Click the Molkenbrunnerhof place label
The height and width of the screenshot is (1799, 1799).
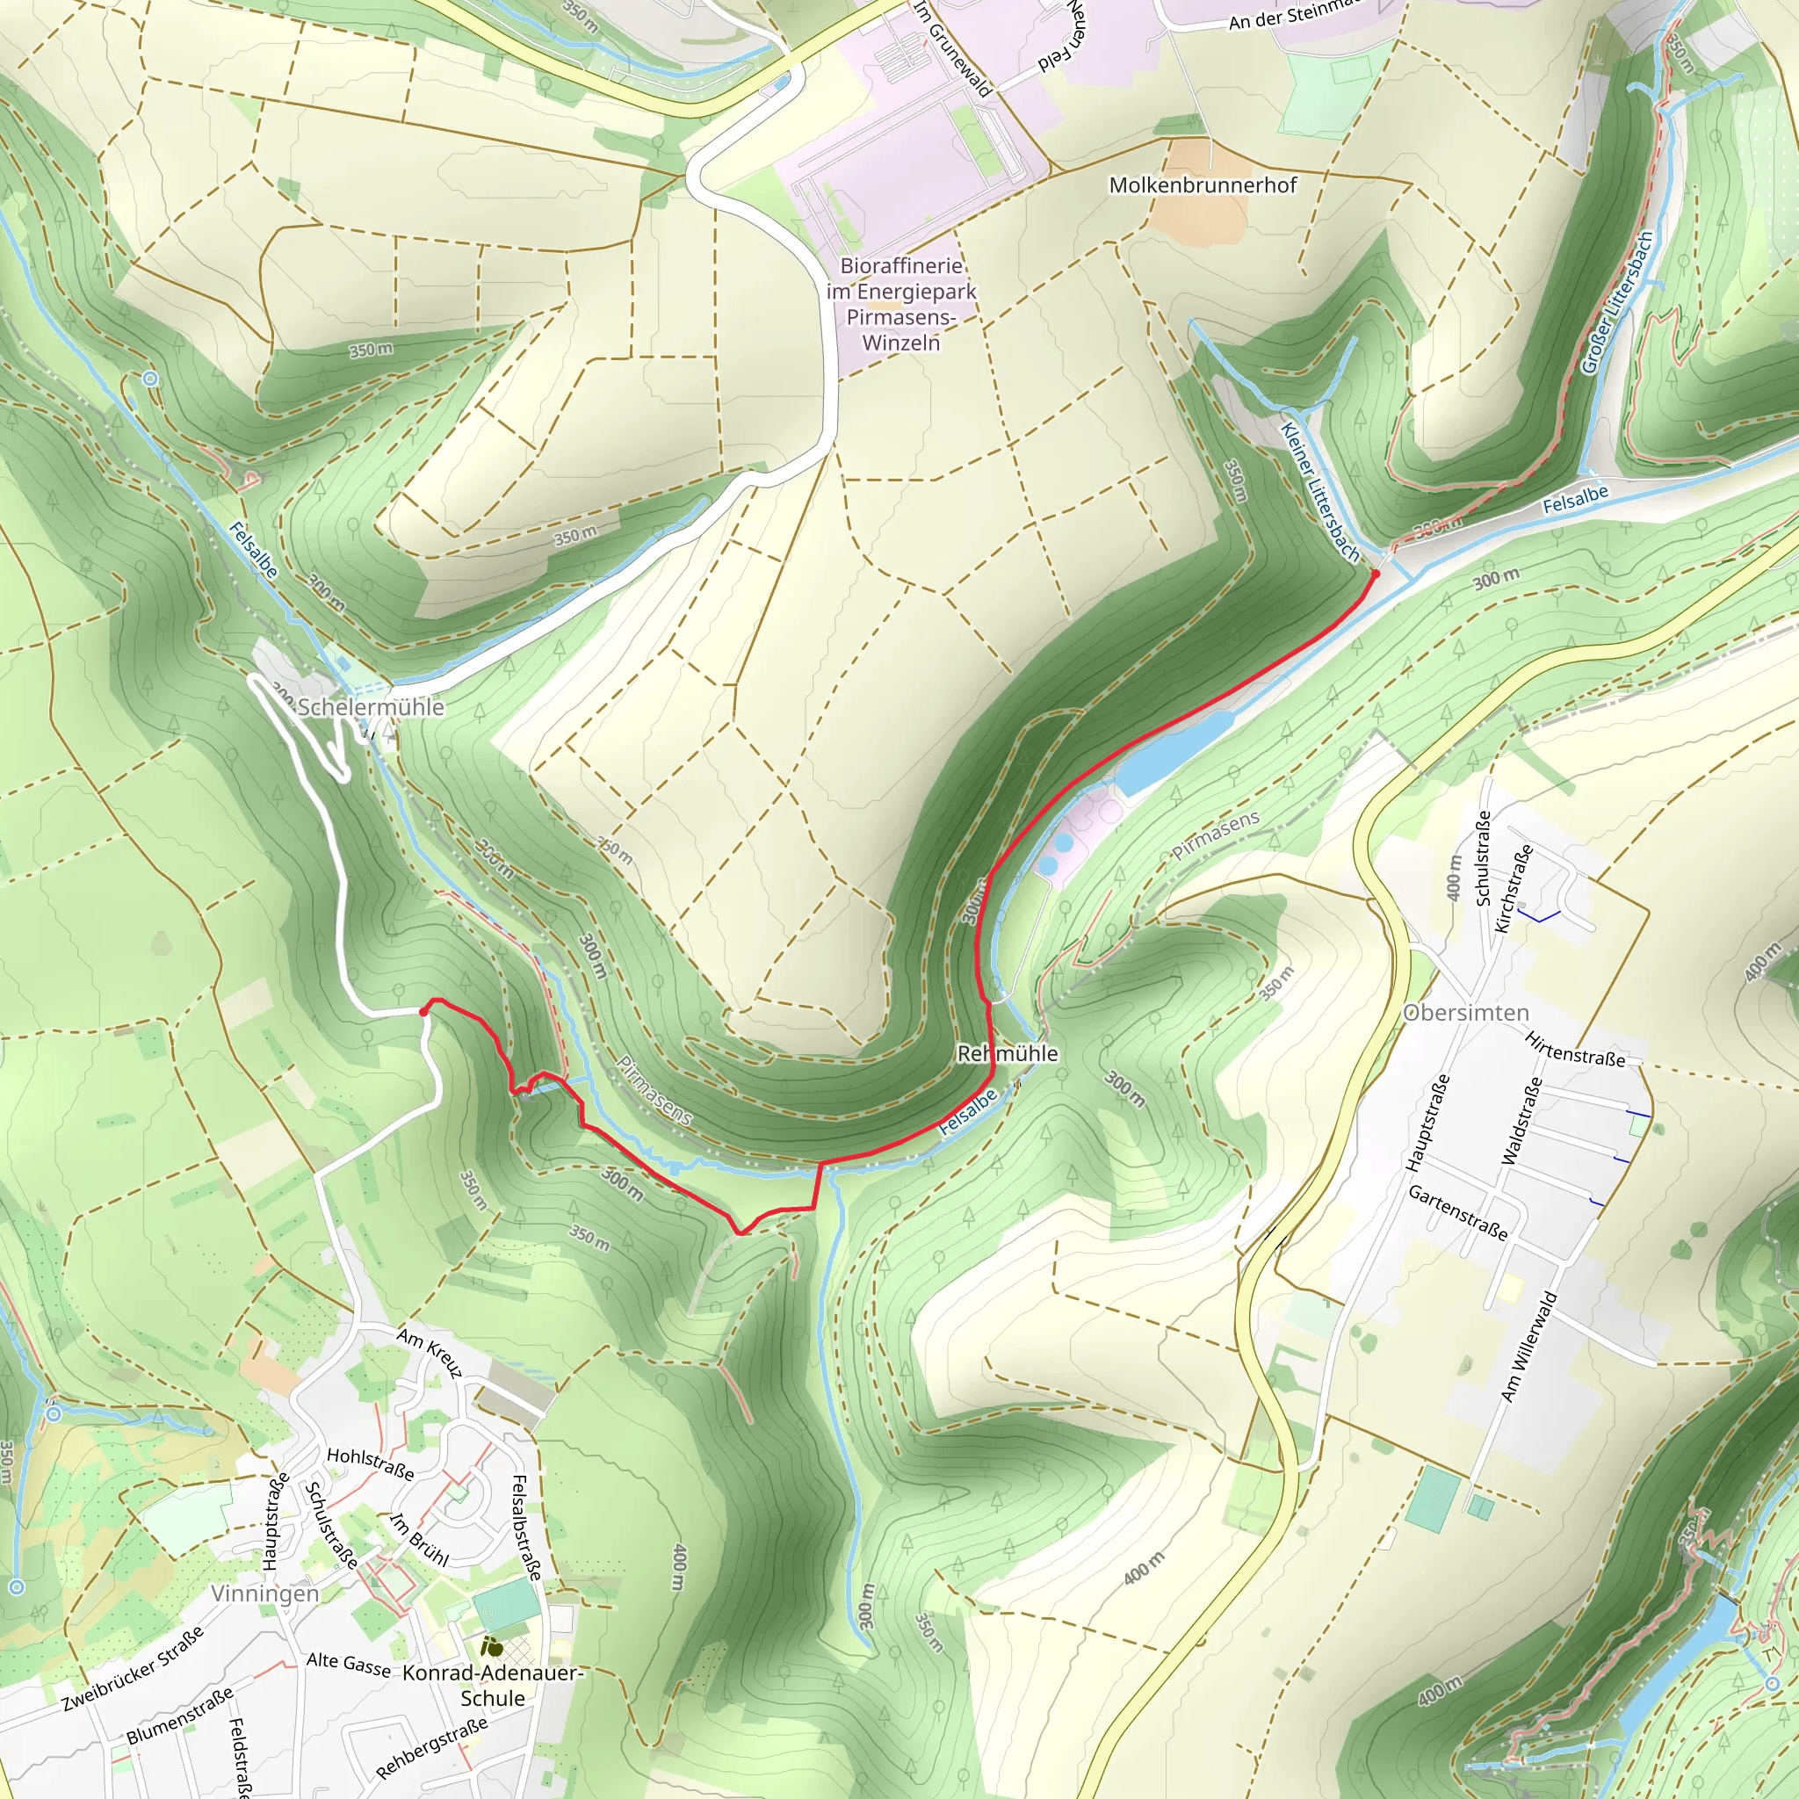[x=1203, y=185]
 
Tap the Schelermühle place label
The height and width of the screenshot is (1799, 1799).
[x=370, y=707]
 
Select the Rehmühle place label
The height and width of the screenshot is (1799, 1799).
[x=1008, y=1053]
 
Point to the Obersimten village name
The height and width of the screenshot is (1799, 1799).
[x=1466, y=1012]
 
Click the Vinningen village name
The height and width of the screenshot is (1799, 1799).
[x=264, y=1593]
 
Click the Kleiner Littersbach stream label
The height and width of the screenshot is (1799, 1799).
[x=1319, y=492]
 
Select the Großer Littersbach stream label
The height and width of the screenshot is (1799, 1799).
[x=1617, y=303]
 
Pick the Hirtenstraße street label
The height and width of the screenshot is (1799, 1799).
[x=1575, y=1050]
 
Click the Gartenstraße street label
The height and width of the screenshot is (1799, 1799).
[x=1457, y=1212]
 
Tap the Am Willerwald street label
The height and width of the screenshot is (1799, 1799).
[x=1528, y=1347]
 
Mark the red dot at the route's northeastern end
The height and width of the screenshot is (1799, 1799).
[x=1375, y=574]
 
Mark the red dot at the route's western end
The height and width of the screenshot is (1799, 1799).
[x=423, y=1011]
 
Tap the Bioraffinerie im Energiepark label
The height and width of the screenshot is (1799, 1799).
[x=900, y=304]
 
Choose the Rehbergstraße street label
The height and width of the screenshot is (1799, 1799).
[x=432, y=1748]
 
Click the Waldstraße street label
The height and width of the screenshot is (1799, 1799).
[x=1522, y=1121]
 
